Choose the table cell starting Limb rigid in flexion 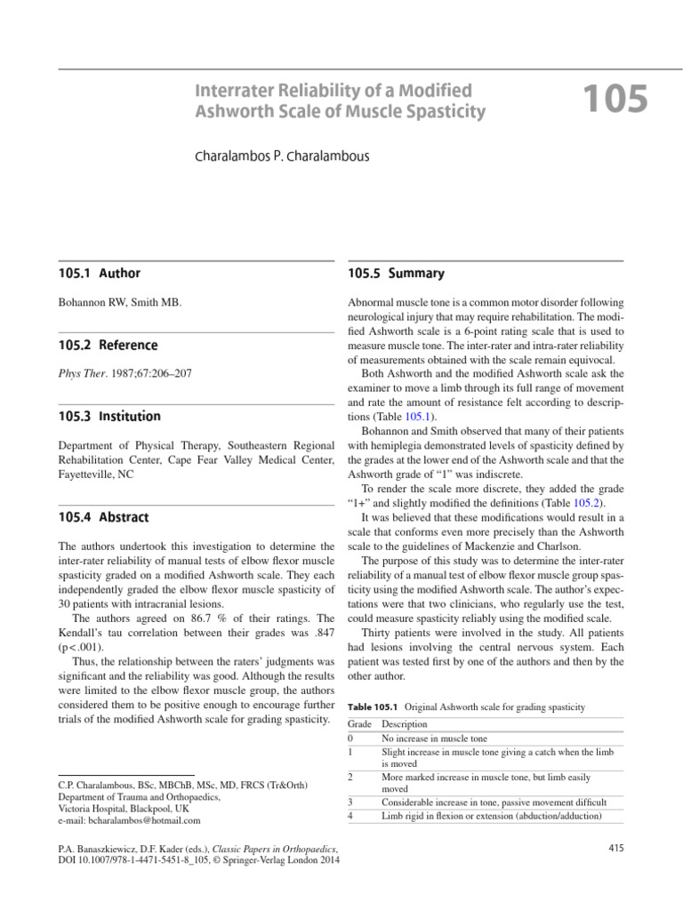[491, 815]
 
